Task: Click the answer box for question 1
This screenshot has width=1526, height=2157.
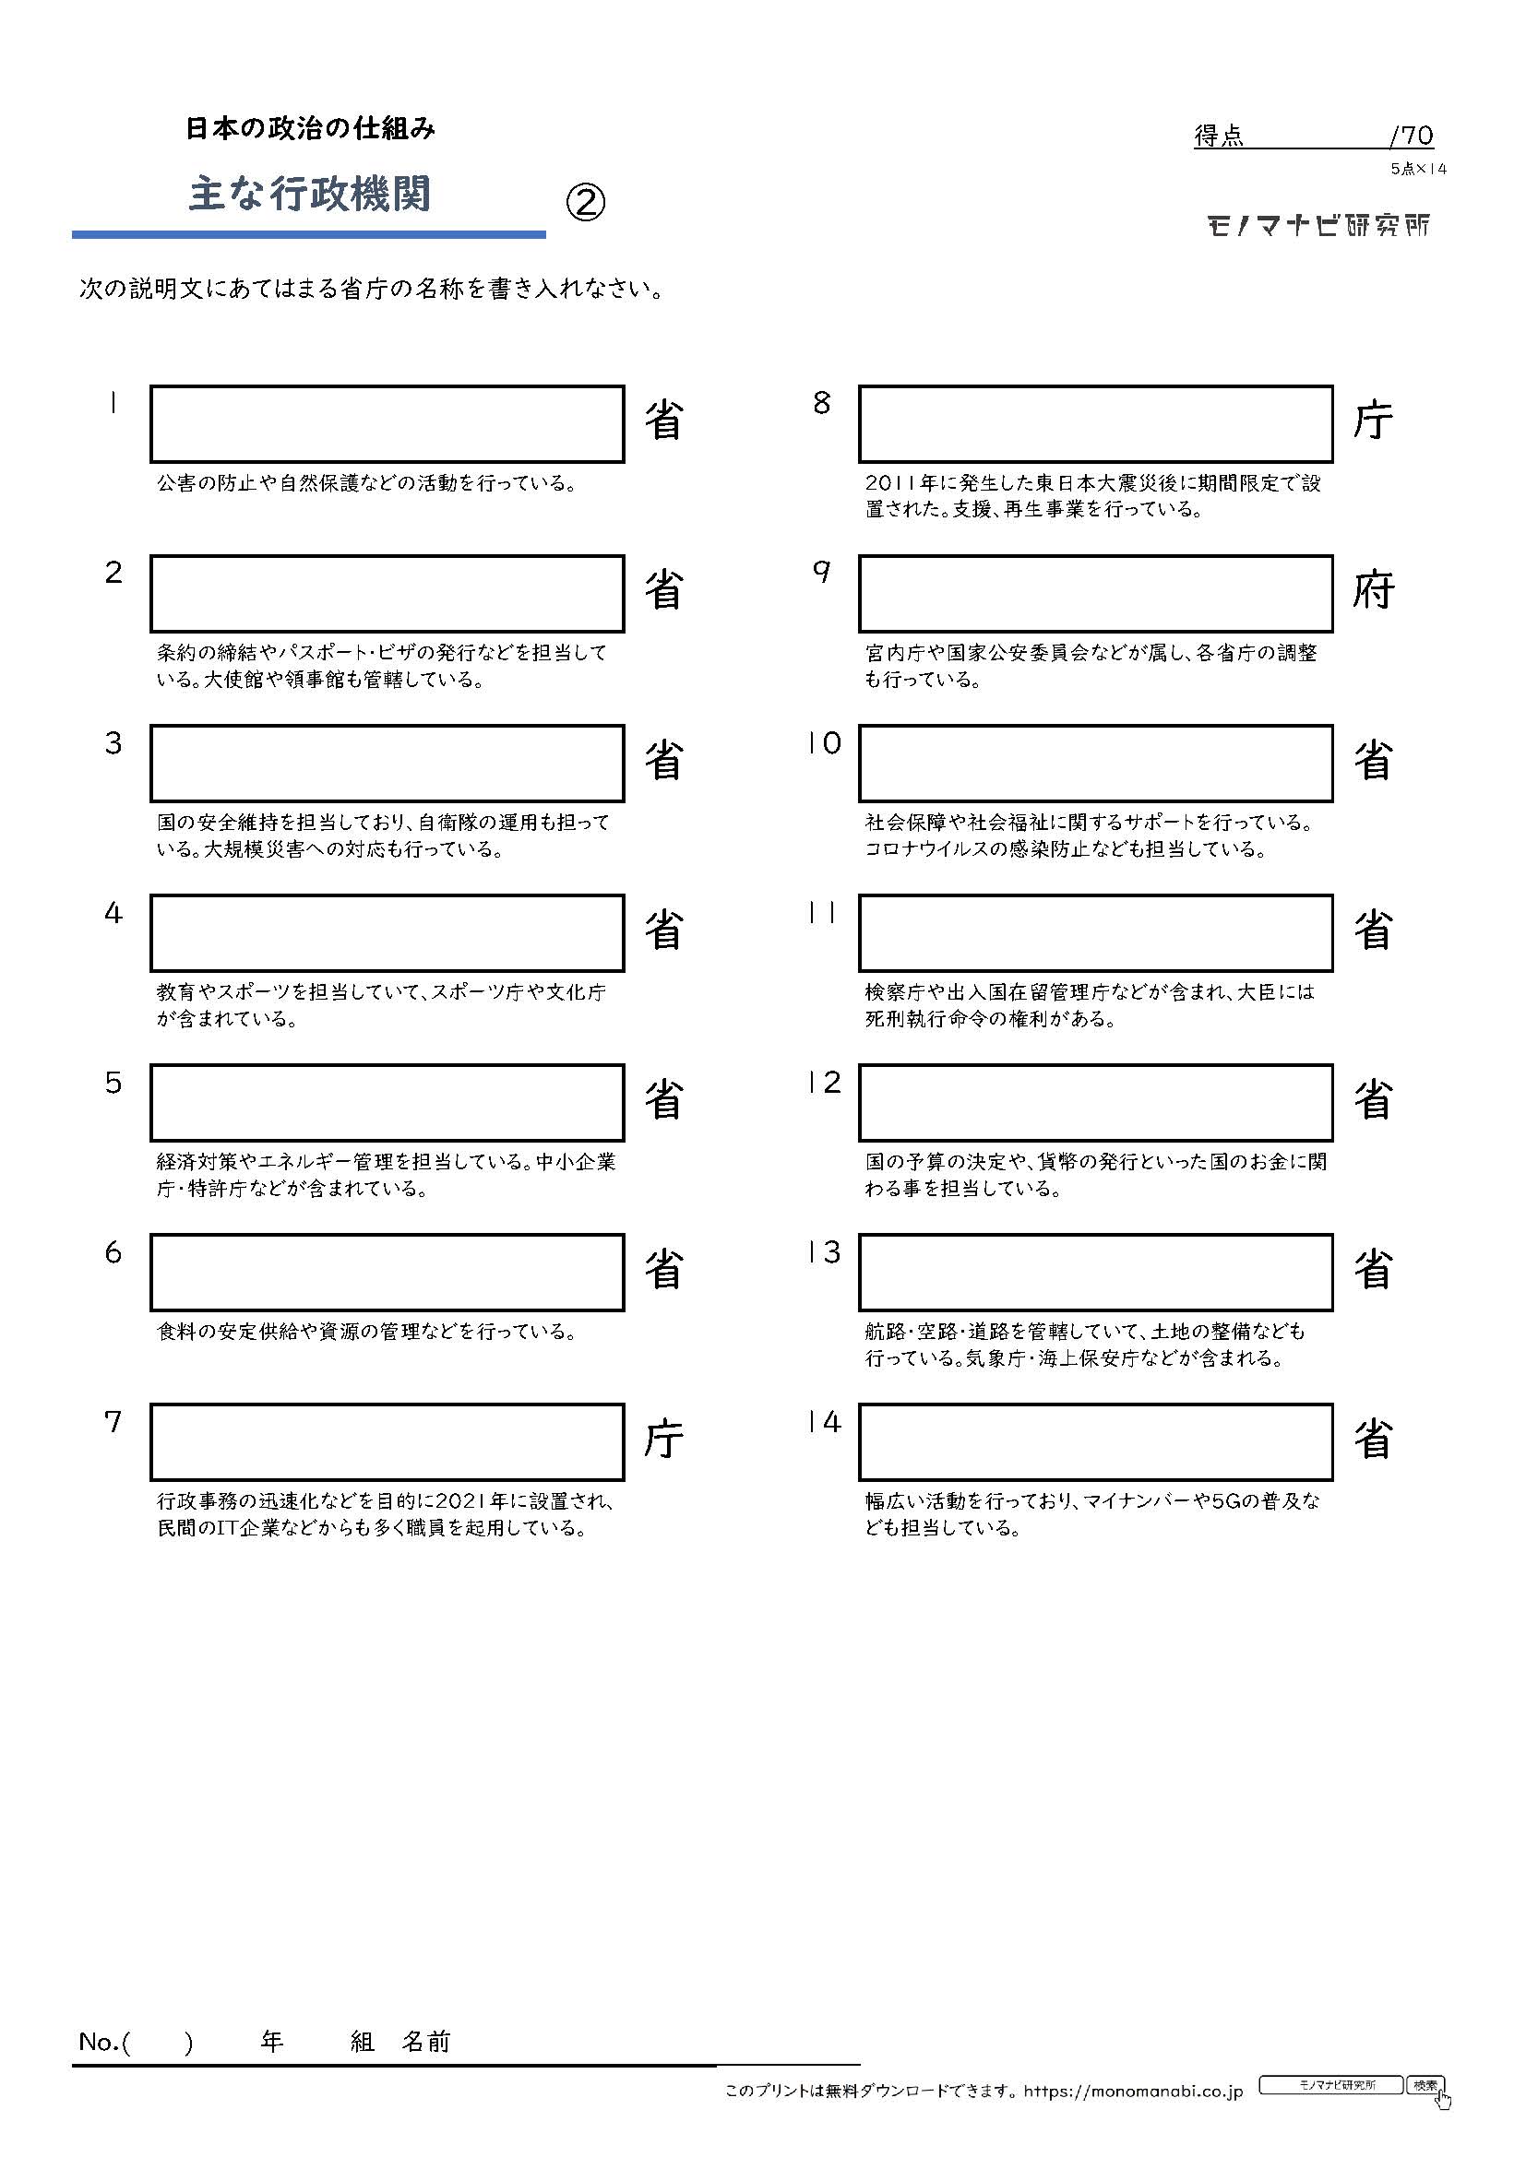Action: pos(387,423)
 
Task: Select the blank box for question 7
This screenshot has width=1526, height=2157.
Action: pos(387,1442)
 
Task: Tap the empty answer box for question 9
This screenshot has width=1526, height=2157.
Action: pos(1096,594)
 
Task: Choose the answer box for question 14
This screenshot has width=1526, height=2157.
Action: pos(1096,1442)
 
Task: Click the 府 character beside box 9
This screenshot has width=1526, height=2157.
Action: pos(1373,591)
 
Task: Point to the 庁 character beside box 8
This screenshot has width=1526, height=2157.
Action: pos(1373,421)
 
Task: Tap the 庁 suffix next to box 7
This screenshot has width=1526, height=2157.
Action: pos(663,1440)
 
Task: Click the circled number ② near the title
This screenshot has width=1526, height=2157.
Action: pos(586,202)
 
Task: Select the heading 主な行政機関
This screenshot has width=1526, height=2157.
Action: pos(310,194)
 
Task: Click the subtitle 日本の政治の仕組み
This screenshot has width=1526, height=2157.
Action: pos(310,129)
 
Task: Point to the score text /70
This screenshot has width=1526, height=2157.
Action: pos(1412,137)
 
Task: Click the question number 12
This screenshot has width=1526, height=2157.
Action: pos(824,1083)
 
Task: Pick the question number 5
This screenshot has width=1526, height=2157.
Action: pos(113,1084)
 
